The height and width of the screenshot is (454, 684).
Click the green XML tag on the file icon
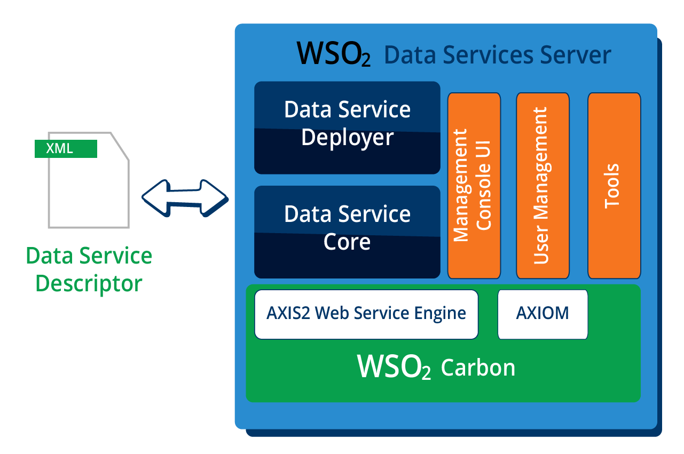click(66, 149)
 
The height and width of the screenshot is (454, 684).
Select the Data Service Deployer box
click(347, 128)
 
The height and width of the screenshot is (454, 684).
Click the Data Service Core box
click(347, 232)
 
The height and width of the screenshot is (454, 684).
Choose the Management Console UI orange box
click(474, 186)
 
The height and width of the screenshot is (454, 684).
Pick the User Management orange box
click(543, 186)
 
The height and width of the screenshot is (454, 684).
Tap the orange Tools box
click(614, 186)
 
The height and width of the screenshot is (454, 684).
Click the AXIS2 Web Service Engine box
click(366, 314)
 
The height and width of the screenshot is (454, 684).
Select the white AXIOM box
click(543, 314)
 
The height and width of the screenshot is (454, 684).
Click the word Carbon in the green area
click(478, 368)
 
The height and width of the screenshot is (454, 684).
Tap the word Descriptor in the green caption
click(89, 283)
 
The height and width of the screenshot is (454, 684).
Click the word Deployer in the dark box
click(347, 138)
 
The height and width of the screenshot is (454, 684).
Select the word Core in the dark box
click(347, 242)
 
